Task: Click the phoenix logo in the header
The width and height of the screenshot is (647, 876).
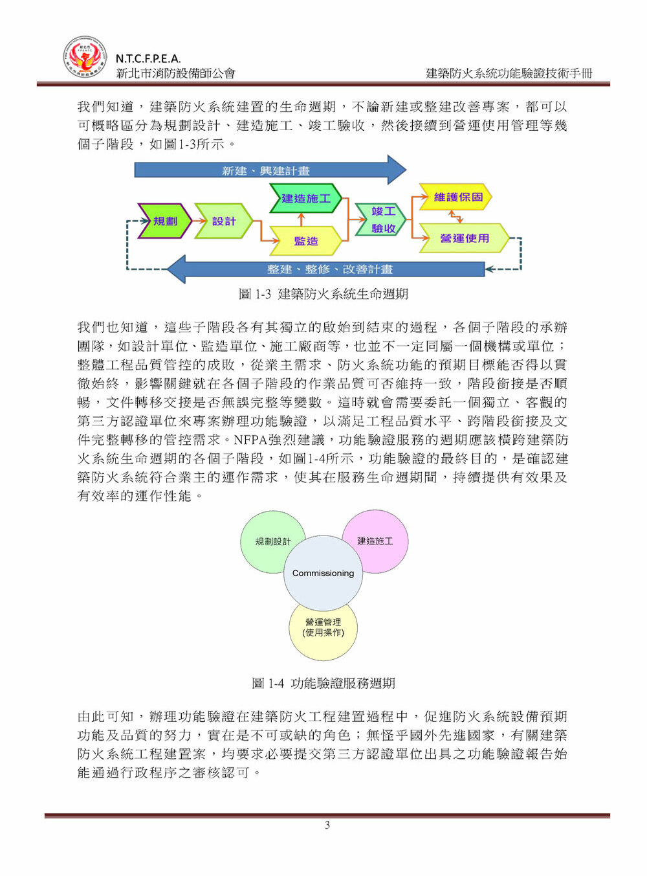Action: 85,57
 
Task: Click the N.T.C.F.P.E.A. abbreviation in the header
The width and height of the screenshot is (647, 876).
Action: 148,59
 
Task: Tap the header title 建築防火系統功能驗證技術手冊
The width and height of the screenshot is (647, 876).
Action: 509,73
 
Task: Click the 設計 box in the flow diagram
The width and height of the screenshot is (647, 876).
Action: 223,221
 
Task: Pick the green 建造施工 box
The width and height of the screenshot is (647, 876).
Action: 305,198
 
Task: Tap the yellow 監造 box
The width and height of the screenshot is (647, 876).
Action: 305,240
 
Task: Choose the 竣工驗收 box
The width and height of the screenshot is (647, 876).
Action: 380,219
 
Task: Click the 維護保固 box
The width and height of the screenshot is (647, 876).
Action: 455,197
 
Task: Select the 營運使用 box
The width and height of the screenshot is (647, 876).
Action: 465,238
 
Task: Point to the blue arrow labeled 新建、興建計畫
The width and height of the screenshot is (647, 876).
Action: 270,170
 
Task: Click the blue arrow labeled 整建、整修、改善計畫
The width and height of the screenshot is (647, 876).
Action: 325,269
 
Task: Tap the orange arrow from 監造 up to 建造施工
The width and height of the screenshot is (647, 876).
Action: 302,219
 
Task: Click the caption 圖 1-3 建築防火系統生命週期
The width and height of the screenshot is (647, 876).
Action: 323,294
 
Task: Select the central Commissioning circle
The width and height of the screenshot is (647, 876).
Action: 323,573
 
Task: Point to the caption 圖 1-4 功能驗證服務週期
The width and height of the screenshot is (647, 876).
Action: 323,683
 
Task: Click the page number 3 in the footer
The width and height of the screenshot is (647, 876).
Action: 327,825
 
